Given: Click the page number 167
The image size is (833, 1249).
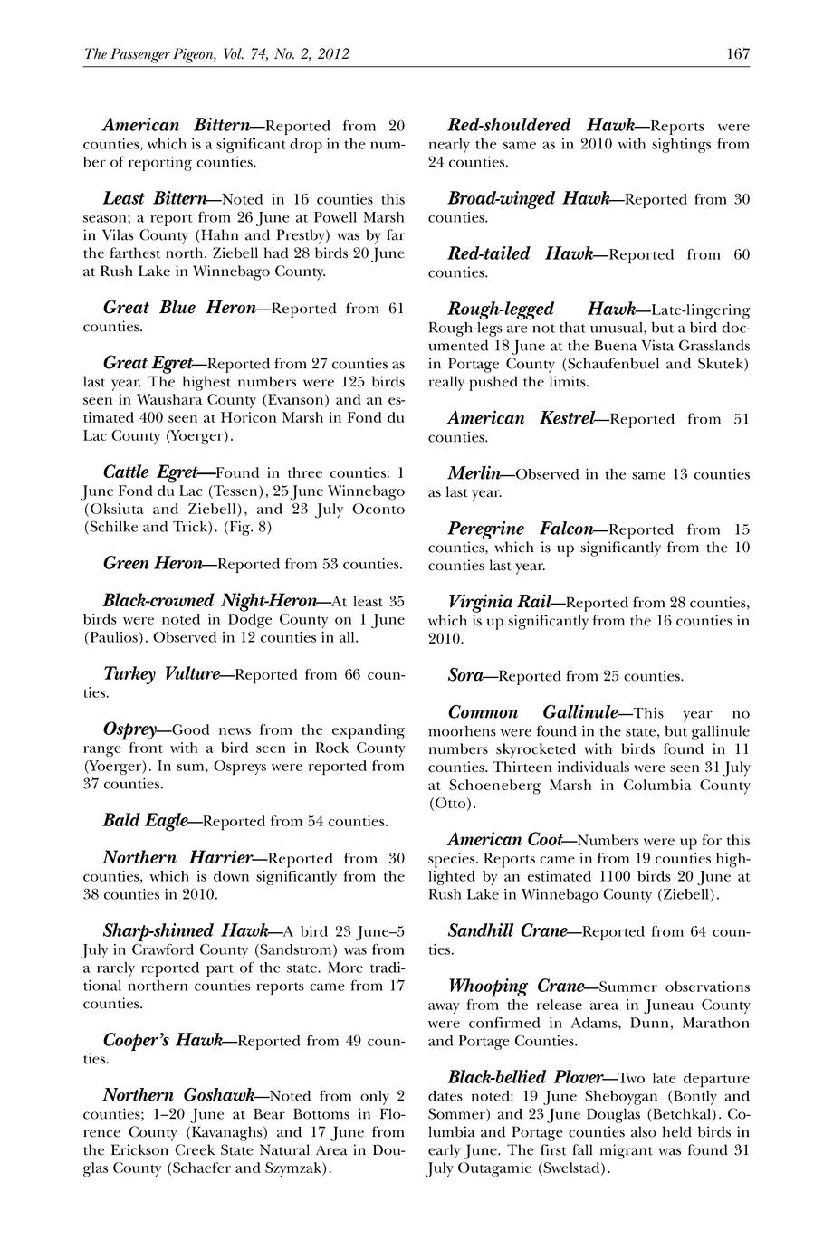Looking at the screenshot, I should (737, 54).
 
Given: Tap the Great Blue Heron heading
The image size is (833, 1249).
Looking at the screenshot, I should (179, 308).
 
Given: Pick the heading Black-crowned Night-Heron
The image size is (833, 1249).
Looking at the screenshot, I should (210, 601).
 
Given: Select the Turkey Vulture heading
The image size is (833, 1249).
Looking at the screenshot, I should (162, 674).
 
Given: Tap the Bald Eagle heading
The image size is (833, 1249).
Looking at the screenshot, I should (146, 821).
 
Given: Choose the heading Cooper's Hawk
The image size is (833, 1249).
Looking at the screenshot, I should (163, 1041).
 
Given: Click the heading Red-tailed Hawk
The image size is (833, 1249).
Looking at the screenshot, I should (521, 254).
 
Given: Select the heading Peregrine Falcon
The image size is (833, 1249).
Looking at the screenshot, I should (521, 529).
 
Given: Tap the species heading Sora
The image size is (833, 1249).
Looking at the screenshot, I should (465, 675).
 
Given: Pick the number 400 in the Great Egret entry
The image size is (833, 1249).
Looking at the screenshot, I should (153, 417).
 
